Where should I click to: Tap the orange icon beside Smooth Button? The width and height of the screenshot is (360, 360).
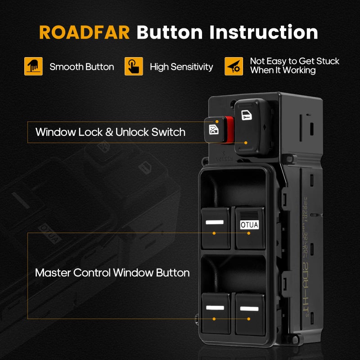point(33,67)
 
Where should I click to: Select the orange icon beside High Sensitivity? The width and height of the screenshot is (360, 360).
point(134,67)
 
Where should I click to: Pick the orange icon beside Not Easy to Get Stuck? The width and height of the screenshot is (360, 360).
point(234,67)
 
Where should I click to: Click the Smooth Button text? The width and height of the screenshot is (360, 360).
point(82,67)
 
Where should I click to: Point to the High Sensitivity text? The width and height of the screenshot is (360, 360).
point(181,67)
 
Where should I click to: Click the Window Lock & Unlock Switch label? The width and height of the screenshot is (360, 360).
point(110,132)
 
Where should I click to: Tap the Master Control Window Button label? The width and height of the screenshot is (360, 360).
point(112,273)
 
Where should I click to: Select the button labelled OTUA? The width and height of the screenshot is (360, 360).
point(250,228)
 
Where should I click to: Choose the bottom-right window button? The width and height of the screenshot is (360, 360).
point(250,313)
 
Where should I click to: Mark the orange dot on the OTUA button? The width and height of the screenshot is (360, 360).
point(249,233)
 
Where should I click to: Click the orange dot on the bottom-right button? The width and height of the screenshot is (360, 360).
point(249,319)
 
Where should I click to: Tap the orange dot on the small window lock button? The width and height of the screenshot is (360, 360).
point(217,121)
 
